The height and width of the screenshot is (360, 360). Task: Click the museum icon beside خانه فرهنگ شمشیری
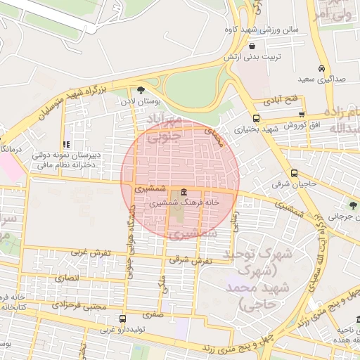click(184, 192)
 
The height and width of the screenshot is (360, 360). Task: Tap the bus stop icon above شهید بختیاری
click(255, 118)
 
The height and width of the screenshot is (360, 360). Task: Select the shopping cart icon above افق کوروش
click(302, 114)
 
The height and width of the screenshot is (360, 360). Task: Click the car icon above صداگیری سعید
click(321, 69)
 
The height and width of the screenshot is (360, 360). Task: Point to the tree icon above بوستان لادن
click(141, 90)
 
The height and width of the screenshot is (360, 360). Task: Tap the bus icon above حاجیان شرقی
click(294, 173)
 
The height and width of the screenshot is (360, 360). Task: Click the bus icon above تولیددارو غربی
click(123, 319)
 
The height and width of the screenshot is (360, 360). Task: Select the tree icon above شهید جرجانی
click(351, 206)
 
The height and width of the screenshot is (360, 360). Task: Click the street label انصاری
click(69, 278)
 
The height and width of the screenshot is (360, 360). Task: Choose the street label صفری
click(153, 315)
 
